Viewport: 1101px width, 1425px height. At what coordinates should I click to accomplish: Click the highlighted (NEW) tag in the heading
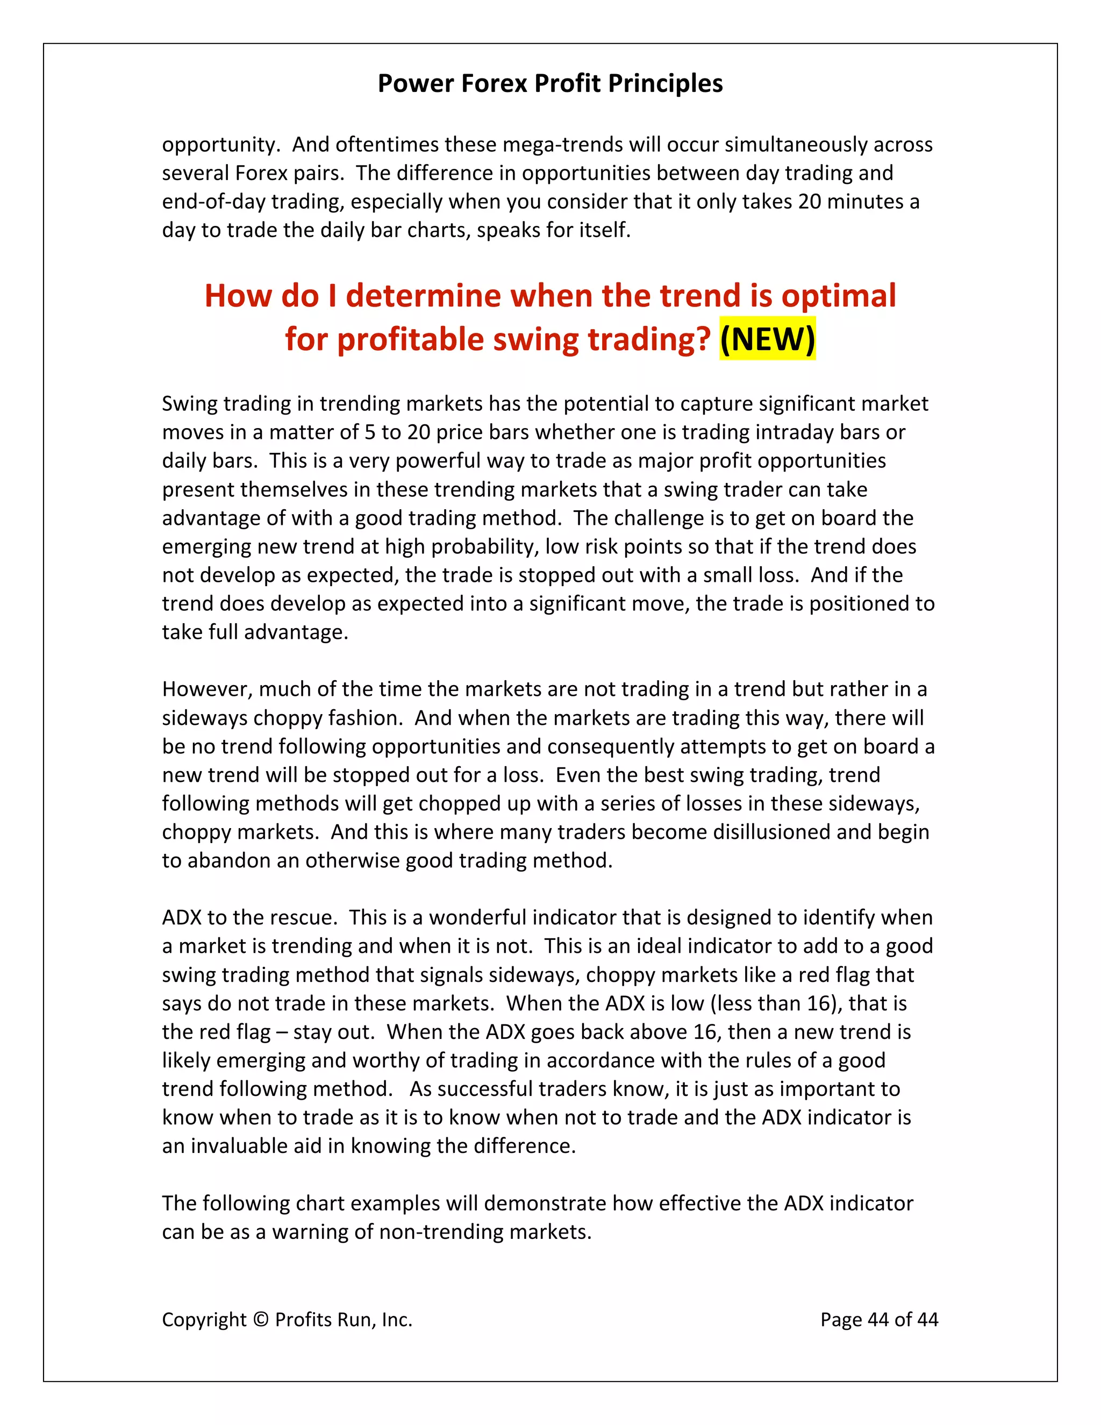tap(767, 339)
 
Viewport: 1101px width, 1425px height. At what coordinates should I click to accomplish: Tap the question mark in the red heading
tap(703, 339)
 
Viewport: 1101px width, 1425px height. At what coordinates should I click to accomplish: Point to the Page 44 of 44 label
tap(878, 1319)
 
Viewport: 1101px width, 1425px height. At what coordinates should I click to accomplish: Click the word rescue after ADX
tap(300, 917)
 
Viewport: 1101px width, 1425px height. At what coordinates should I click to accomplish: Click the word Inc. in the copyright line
tap(397, 1319)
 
